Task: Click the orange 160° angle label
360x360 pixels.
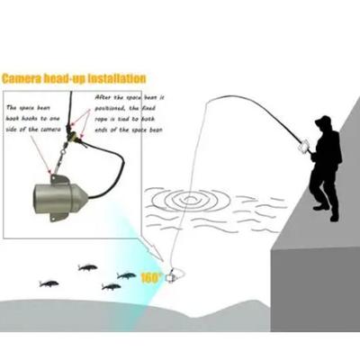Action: pos(150,277)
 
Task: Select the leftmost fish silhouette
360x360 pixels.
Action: pos(49,283)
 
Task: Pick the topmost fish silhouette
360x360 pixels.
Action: pos(87,267)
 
